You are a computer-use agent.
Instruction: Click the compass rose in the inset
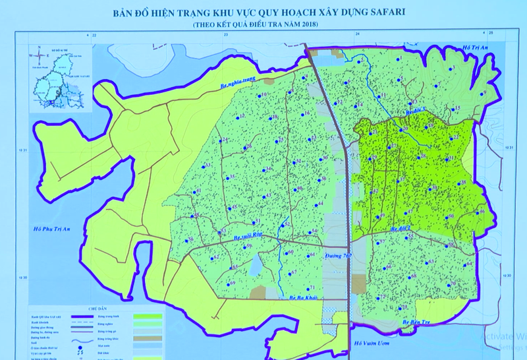pyautogui.click(x=39, y=55)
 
